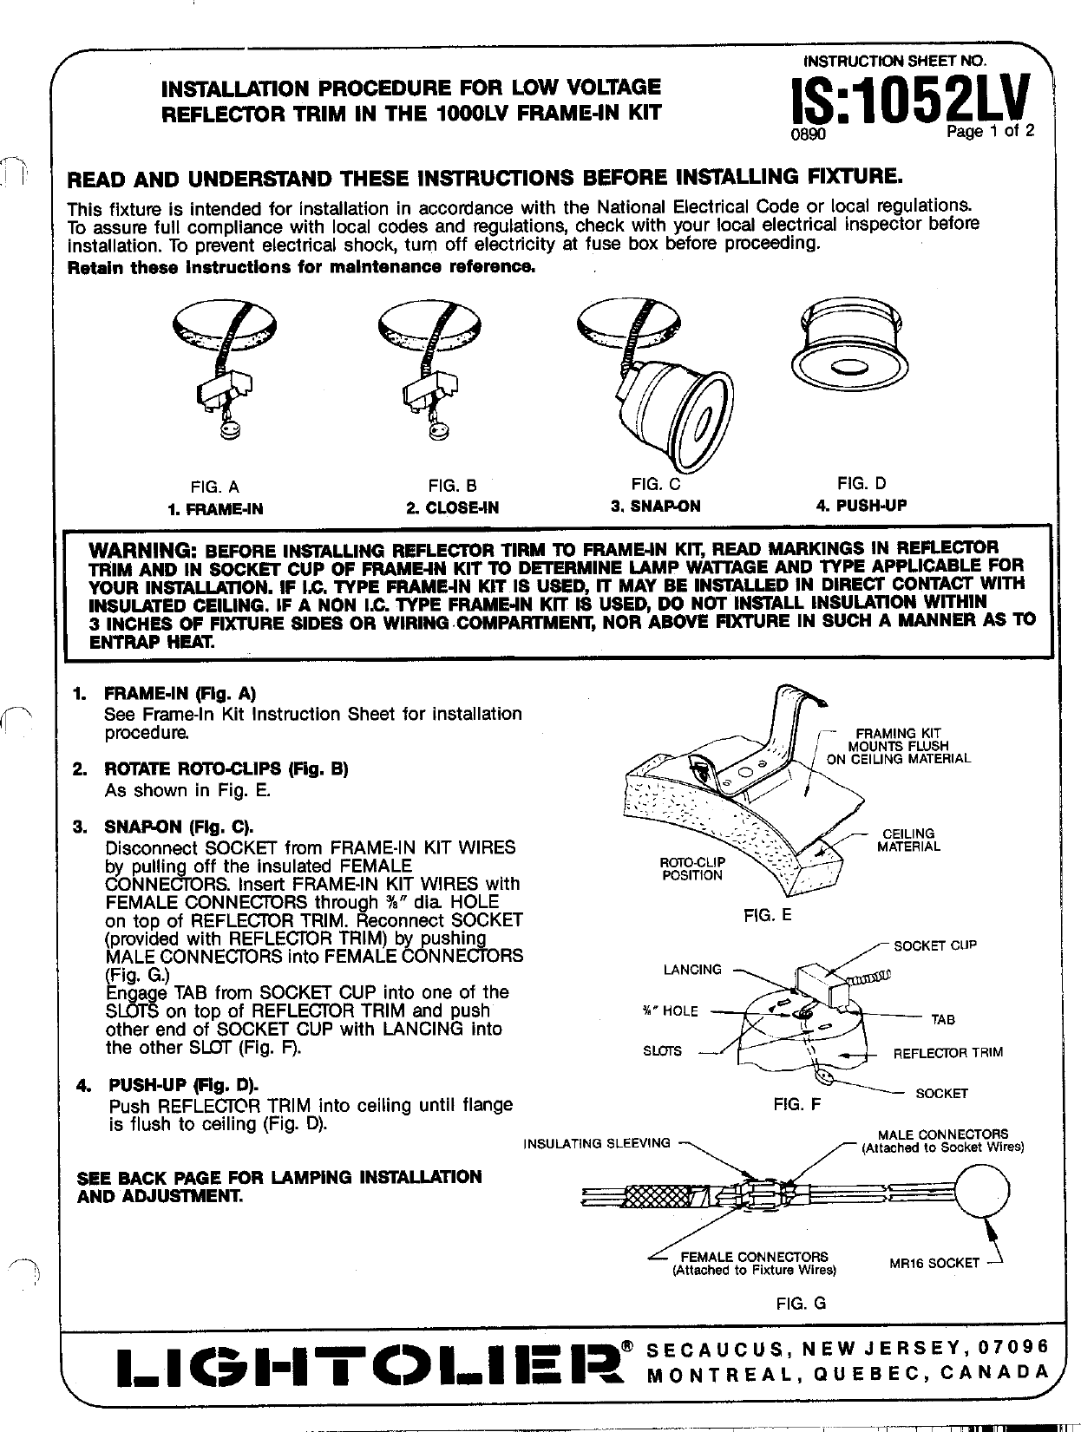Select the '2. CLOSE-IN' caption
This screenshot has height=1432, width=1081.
[x=452, y=507]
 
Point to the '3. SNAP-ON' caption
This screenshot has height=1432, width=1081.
[x=655, y=506]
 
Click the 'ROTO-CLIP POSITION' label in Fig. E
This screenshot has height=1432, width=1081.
[x=691, y=868]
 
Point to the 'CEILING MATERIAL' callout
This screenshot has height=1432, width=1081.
[x=908, y=840]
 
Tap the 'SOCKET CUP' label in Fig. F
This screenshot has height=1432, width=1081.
[x=935, y=945]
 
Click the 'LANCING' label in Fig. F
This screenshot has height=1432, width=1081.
[x=691, y=969]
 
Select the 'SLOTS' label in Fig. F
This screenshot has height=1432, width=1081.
[x=662, y=1050]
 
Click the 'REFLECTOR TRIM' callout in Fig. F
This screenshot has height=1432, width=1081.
[x=947, y=1052]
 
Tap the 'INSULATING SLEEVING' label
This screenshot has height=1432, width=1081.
[x=597, y=1142]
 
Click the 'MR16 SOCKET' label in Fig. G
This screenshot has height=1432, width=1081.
[x=934, y=1263]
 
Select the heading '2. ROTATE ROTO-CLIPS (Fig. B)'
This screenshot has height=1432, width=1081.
[x=226, y=769]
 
